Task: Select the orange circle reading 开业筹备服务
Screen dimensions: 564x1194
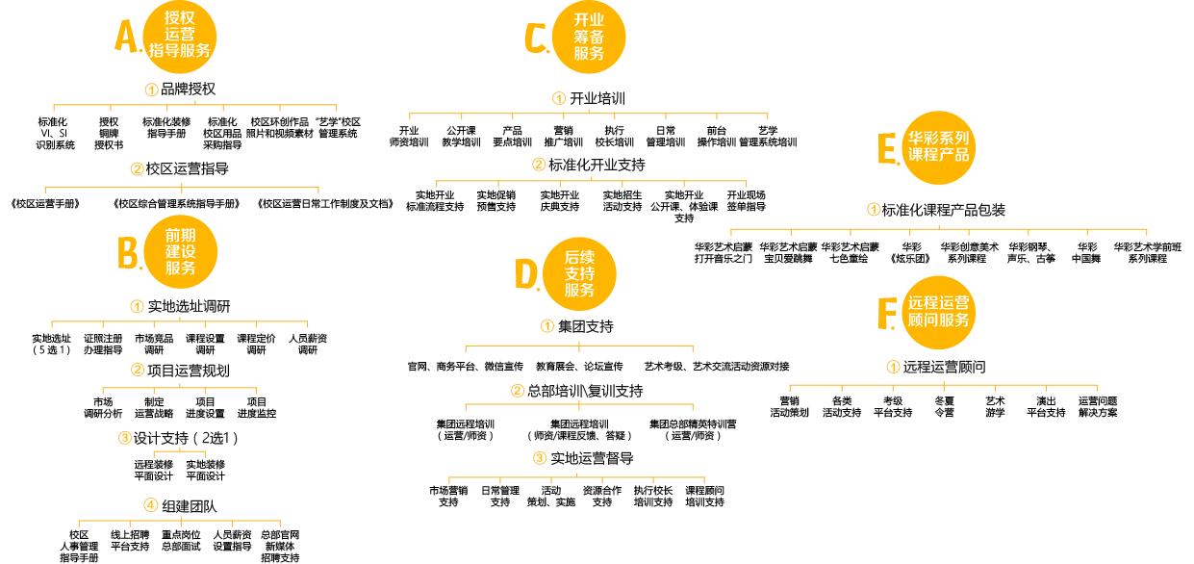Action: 589,38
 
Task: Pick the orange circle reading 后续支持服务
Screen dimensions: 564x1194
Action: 579,274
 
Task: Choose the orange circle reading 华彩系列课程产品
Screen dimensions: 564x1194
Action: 939,146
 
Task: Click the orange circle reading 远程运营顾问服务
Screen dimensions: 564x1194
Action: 939,312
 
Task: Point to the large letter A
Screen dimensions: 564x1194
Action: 126,38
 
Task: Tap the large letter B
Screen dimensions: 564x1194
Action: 129,254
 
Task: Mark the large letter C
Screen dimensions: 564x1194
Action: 535,38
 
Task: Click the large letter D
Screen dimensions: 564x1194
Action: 526,274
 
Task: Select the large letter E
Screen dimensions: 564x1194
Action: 887,150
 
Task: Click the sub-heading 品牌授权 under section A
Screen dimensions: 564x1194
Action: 188,90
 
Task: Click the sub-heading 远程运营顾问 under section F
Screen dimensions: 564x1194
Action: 944,367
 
